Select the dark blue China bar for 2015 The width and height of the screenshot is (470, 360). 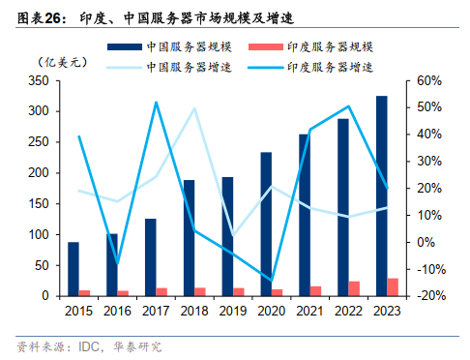point(73,269)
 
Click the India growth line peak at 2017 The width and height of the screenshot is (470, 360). point(156,103)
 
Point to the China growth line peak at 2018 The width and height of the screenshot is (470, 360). point(193,108)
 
